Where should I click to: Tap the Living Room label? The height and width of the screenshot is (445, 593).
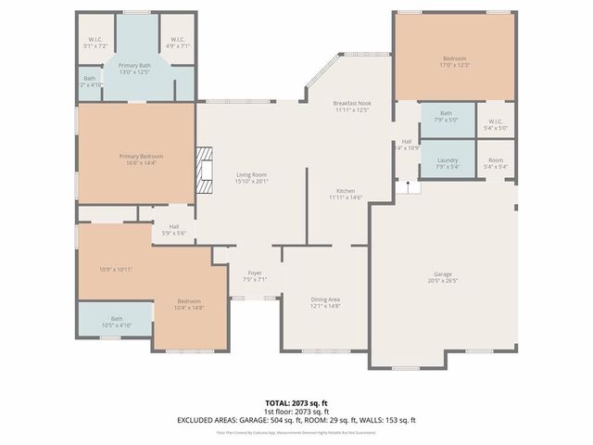(251, 174)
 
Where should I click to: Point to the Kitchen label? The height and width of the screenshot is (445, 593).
(345, 190)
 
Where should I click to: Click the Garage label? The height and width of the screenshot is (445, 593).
(444, 274)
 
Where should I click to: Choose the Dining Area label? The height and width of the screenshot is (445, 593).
(325, 299)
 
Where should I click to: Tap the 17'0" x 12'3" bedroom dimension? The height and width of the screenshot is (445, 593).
(454, 65)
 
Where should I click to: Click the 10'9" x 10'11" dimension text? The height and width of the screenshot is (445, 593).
(116, 269)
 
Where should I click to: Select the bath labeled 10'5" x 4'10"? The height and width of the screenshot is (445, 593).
(117, 322)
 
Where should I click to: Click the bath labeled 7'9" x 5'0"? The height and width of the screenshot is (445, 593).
(447, 116)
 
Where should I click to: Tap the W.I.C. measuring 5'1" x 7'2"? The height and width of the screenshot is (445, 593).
(95, 43)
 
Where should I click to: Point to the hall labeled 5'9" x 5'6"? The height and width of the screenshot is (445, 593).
(173, 229)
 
